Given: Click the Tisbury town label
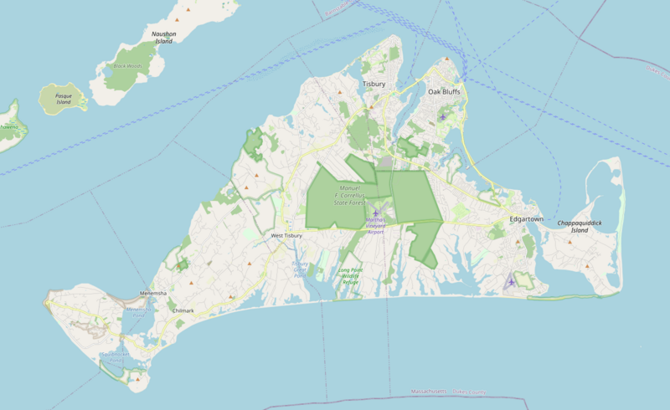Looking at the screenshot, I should [x=374, y=85].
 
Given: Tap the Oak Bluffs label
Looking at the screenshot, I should [x=446, y=91].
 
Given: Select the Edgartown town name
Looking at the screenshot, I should [x=526, y=219].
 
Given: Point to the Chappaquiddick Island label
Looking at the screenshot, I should [x=580, y=226].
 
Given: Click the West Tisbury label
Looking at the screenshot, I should [x=286, y=236].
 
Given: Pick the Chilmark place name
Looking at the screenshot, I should [x=182, y=310].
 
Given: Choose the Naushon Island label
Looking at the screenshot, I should [x=163, y=37].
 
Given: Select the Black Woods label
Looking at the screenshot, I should [x=128, y=65].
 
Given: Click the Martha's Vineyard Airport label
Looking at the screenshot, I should [x=374, y=226].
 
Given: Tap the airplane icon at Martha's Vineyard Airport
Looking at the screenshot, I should [x=376, y=213].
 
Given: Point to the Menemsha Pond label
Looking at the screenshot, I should [x=136, y=312].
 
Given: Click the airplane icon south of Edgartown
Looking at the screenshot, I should [x=511, y=281].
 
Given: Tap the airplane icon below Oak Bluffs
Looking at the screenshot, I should [x=442, y=116].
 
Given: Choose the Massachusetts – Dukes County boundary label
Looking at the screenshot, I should [x=453, y=392].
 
